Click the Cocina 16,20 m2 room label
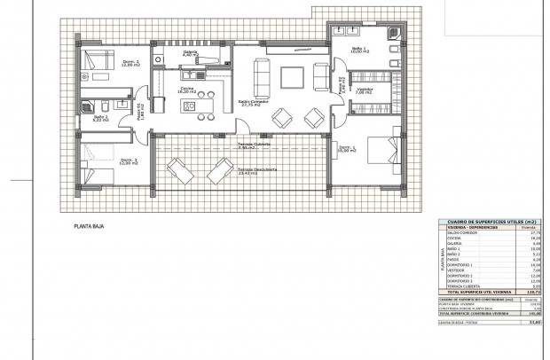[189, 90]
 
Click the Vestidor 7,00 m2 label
[364, 90]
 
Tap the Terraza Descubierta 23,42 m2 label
[257, 170]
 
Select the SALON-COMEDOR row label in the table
[459, 233]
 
